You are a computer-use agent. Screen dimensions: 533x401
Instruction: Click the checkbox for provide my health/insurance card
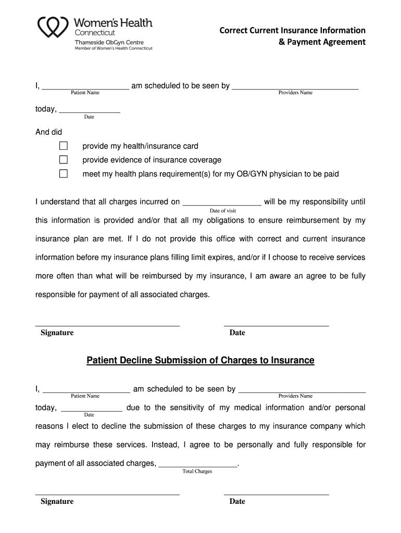64,146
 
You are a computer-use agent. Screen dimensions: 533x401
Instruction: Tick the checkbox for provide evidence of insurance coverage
64,160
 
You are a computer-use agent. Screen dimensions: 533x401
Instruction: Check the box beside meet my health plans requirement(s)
64,174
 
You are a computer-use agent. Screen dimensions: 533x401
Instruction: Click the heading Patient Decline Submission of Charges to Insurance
200,360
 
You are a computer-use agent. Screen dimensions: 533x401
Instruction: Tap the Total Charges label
197,472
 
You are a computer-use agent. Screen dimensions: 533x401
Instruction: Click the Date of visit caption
222,211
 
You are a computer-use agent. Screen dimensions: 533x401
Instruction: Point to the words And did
48,132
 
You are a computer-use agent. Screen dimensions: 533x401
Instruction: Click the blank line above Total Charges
197,464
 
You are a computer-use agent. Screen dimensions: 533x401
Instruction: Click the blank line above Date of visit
222,204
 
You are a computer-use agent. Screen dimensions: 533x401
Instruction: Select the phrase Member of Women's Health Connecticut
114,48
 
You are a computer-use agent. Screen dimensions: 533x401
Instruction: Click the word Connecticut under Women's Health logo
95,33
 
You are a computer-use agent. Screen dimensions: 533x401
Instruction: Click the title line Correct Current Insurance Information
292,31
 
